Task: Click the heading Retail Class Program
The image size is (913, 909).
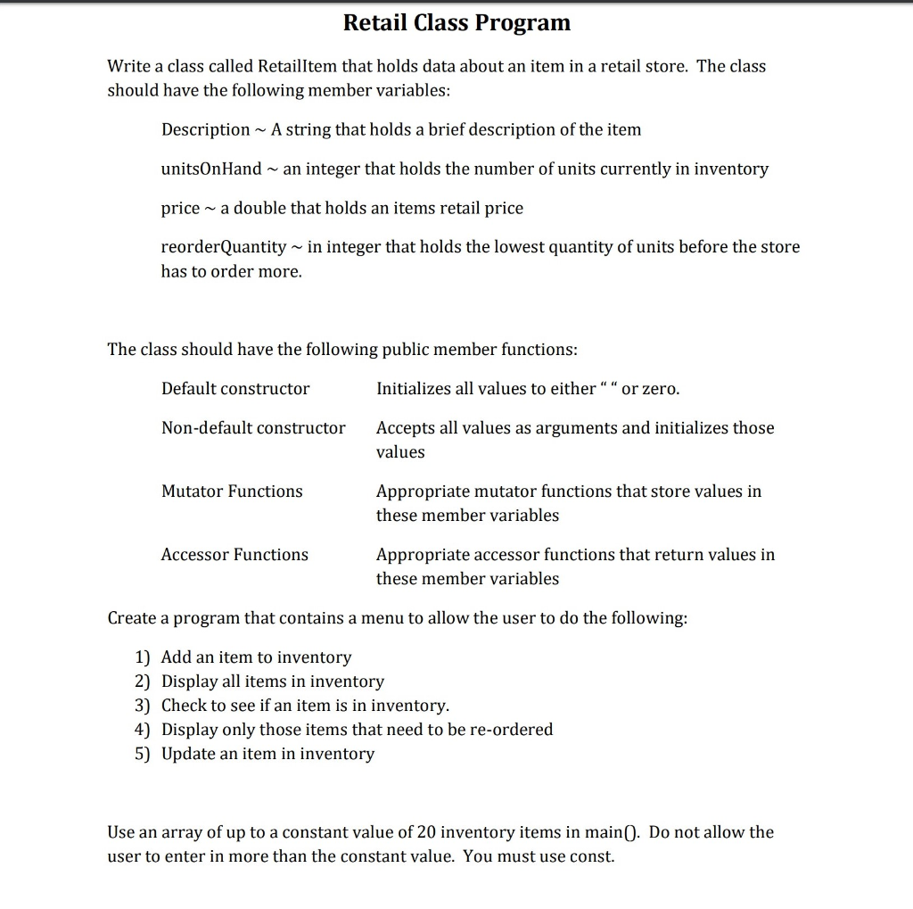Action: pyautogui.click(x=456, y=22)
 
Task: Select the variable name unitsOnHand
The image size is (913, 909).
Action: pyautogui.click(x=211, y=169)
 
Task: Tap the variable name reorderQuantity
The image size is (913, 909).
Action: pyautogui.click(x=224, y=247)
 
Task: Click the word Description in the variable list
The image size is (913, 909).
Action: pyautogui.click(x=205, y=130)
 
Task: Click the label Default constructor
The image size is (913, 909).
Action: pyautogui.click(x=235, y=389)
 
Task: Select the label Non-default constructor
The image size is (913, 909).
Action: pyautogui.click(x=253, y=428)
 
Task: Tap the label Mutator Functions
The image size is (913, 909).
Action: pyautogui.click(x=232, y=492)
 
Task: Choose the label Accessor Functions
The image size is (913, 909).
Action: pyautogui.click(x=234, y=555)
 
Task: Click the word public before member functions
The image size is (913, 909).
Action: pyautogui.click(x=406, y=350)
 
